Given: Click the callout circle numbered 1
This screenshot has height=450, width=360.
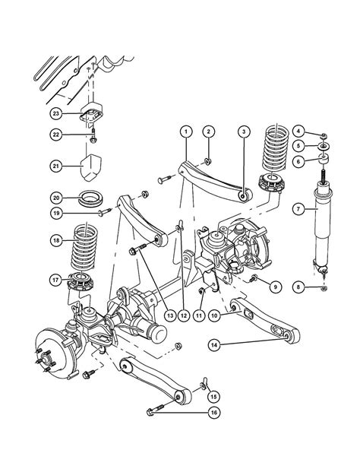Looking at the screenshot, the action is (186, 132).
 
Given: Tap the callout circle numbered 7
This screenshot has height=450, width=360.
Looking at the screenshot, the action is (298, 209).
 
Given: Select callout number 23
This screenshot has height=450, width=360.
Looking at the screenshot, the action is (55, 114).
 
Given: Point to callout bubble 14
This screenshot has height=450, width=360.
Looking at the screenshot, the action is (214, 344).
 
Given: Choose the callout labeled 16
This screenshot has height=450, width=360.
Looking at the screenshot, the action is (214, 413).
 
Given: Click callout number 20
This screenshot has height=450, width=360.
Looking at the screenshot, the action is (56, 198).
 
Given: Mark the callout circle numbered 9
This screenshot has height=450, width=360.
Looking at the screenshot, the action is (275, 287).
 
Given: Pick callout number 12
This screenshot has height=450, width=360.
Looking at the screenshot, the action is (184, 315).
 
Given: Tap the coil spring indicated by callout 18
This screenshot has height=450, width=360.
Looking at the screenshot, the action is (84, 247).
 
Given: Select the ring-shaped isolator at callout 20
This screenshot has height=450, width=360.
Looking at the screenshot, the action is (92, 198).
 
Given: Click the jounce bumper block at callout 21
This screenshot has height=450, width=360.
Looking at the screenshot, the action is (90, 167).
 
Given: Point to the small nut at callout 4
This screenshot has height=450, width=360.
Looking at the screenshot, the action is (324, 135).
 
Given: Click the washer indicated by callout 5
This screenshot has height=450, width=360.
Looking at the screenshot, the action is (324, 147).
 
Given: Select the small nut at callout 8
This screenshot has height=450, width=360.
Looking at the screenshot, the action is (324, 288).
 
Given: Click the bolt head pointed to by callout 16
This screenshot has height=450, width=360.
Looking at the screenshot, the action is (150, 413).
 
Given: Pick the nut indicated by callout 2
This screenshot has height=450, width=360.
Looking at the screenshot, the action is (208, 161).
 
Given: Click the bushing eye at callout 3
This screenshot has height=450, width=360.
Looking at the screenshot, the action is (243, 197).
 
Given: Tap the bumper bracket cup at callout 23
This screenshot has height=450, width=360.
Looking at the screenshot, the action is (92, 115).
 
